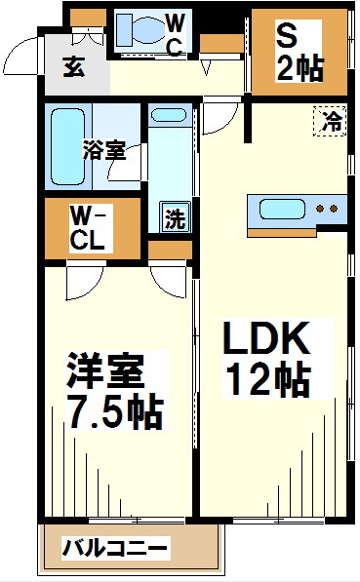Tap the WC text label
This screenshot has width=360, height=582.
point(175,35)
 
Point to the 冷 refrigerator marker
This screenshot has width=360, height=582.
point(333,122)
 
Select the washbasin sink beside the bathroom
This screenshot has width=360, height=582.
point(169,116)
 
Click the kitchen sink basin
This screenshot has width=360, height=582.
point(281,209)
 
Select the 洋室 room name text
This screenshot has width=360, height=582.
point(105,372)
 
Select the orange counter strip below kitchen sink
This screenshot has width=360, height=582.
point(281,233)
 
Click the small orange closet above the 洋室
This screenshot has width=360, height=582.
point(170,250)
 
